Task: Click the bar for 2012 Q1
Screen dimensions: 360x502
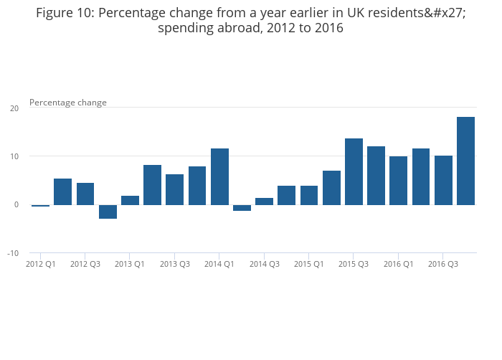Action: tap(40, 206)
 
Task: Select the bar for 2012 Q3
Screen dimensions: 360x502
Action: tap(85, 194)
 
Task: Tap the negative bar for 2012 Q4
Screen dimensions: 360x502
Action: tap(108, 212)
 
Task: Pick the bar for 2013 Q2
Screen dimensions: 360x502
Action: tap(152, 185)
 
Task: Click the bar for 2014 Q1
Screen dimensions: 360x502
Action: tap(219, 176)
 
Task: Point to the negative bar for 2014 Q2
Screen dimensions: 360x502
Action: tap(242, 208)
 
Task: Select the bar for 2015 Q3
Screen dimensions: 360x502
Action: tap(354, 171)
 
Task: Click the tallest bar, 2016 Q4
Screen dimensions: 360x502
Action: tap(465, 161)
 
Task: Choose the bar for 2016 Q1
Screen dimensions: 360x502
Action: tap(398, 181)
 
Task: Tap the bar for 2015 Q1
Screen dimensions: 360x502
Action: tap(309, 195)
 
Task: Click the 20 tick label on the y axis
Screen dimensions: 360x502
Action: tap(14, 108)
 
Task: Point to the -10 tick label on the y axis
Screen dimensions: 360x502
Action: tap(13, 253)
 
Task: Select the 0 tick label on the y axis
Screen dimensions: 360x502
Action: tap(16, 205)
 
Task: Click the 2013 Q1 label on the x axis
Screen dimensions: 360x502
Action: tap(130, 265)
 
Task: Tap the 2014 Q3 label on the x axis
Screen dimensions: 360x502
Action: tap(265, 265)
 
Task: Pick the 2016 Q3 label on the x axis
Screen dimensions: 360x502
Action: tap(443, 265)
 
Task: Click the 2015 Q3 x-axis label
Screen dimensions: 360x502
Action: tap(354, 265)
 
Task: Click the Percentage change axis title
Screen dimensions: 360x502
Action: tap(68, 103)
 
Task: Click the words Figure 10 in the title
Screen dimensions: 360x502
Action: tap(65, 13)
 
